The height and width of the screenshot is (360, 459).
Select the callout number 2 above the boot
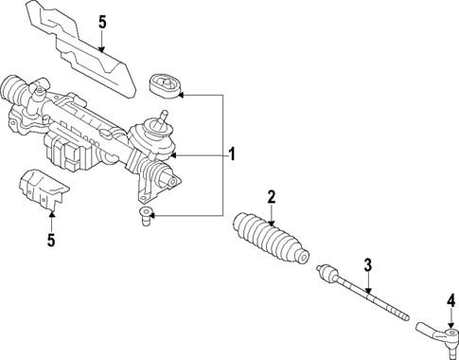271,197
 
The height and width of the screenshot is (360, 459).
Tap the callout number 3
368,265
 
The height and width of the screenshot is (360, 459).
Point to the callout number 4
451,301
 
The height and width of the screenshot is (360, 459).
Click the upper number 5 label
103,20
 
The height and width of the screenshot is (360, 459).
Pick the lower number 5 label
50,241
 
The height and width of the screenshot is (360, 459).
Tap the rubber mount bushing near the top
165,86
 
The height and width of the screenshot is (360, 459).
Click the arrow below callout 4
451,320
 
